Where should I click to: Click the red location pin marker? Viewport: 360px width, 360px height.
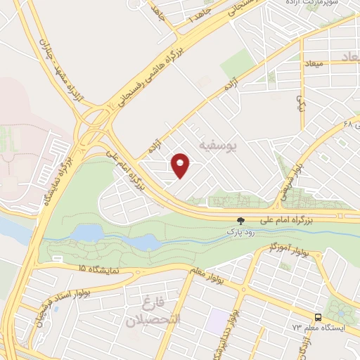[181, 165]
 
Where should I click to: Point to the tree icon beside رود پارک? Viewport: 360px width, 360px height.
[241, 219]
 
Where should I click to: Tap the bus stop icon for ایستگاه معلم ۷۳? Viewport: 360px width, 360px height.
[318, 316]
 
